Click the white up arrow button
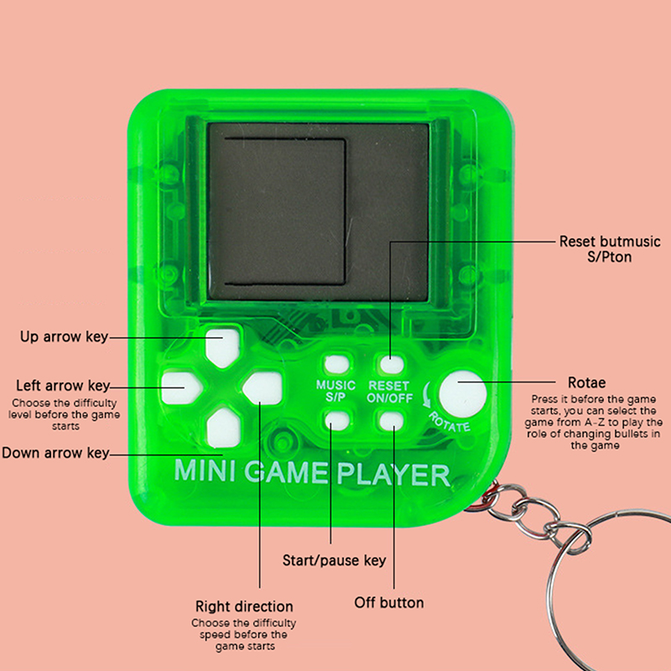[222, 347]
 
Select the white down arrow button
[223, 428]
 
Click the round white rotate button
[463, 393]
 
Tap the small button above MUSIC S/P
[336, 365]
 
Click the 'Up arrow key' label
[64, 337]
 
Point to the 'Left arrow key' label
[63, 386]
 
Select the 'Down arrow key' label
[55, 453]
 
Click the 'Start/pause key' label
[334, 560]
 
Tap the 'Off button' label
[389, 602]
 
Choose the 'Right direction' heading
[244, 606]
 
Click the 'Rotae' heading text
[586, 382]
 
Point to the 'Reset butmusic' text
[610, 242]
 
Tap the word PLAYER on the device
[393, 474]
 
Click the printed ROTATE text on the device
[450, 422]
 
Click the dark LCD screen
[318, 212]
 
